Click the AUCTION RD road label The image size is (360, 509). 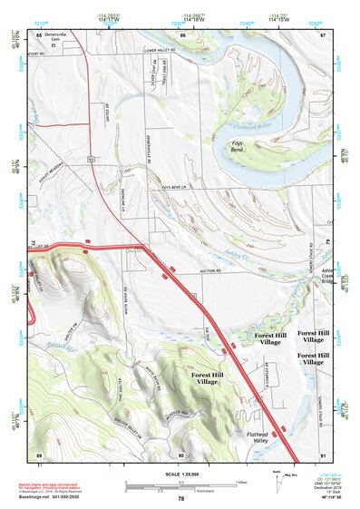pos(210,271)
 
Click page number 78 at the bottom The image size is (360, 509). pos(180,499)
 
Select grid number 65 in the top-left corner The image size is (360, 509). pos(39,34)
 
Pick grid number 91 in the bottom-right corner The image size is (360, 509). pos(324,454)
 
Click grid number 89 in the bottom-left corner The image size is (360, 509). pos(39,454)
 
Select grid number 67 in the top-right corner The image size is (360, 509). pos(323,34)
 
